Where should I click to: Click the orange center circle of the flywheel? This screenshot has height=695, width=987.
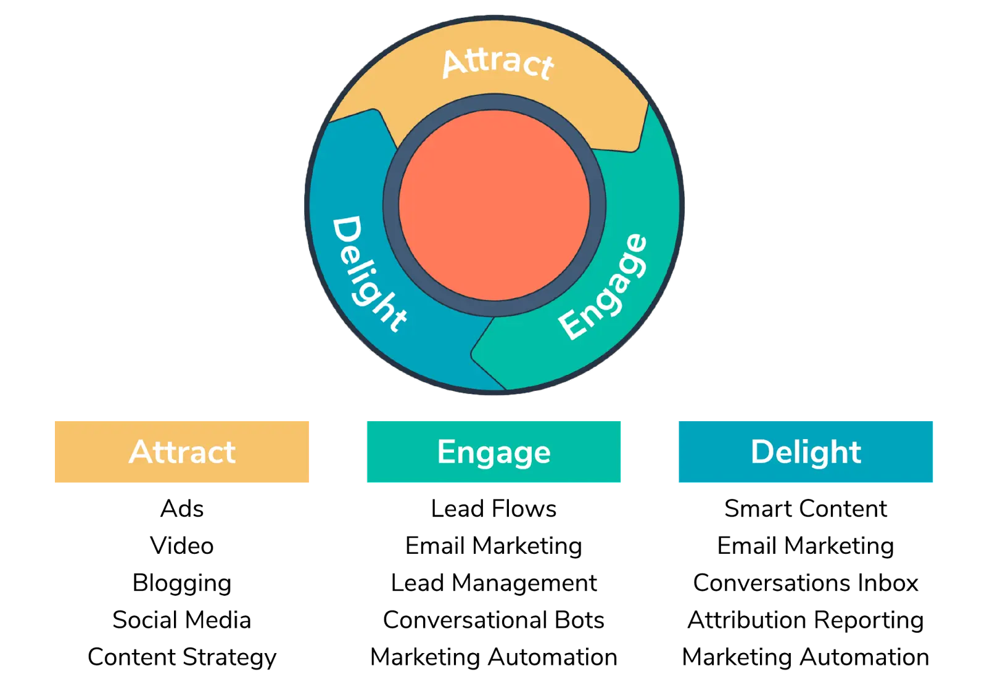(x=494, y=205)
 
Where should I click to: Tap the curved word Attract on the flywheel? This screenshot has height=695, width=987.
(x=498, y=63)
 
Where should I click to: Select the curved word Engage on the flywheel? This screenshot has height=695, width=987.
(x=603, y=287)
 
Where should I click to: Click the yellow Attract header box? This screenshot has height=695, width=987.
(x=182, y=451)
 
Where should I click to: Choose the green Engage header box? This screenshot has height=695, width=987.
(x=493, y=451)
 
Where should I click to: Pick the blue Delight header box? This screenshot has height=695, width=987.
(x=806, y=451)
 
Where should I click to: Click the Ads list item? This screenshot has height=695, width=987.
(x=182, y=509)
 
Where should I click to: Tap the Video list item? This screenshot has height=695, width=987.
(x=182, y=546)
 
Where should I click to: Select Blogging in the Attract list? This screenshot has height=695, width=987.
(x=182, y=583)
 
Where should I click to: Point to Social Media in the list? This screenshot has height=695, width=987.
(x=182, y=620)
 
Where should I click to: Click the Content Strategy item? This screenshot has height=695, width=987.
(x=182, y=657)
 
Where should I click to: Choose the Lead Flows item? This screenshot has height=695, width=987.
(x=493, y=509)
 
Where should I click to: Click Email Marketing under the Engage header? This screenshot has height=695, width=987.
(x=493, y=546)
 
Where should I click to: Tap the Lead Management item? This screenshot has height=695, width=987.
(x=493, y=583)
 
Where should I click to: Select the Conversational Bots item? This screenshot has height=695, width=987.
(x=493, y=620)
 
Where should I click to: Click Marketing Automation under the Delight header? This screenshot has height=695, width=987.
(x=806, y=657)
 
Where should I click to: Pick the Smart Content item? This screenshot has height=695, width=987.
(x=806, y=509)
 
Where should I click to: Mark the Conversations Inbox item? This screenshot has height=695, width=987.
(x=806, y=583)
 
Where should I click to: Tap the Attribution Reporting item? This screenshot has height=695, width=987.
(x=806, y=620)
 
